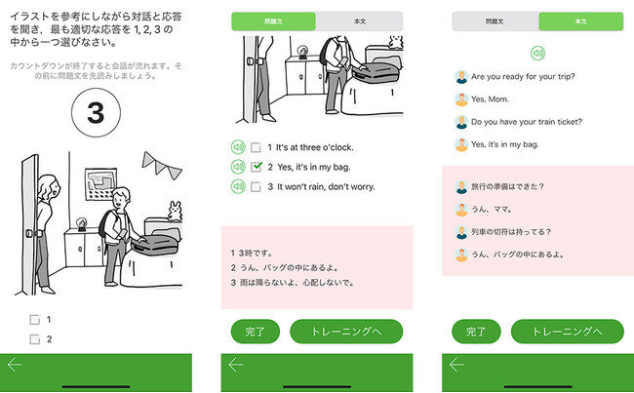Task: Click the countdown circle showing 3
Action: (x=96, y=112)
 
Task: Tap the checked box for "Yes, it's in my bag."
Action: (x=256, y=167)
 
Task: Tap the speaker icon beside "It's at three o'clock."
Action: (x=238, y=147)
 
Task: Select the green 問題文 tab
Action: (x=273, y=21)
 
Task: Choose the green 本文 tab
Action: (x=581, y=21)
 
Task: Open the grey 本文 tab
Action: (x=360, y=21)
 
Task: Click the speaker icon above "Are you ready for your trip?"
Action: (x=537, y=53)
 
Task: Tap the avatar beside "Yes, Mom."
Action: (x=461, y=99)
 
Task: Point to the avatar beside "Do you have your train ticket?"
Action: (x=461, y=122)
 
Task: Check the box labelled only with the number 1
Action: (x=35, y=320)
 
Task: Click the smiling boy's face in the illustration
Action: (x=121, y=199)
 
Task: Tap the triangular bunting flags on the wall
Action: (x=162, y=165)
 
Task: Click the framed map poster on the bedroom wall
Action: (x=101, y=184)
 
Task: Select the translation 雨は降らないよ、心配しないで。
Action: (x=297, y=283)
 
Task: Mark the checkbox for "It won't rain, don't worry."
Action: (x=256, y=186)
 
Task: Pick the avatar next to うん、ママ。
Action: (x=461, y=210)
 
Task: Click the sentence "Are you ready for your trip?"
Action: (x=523, y=76)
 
